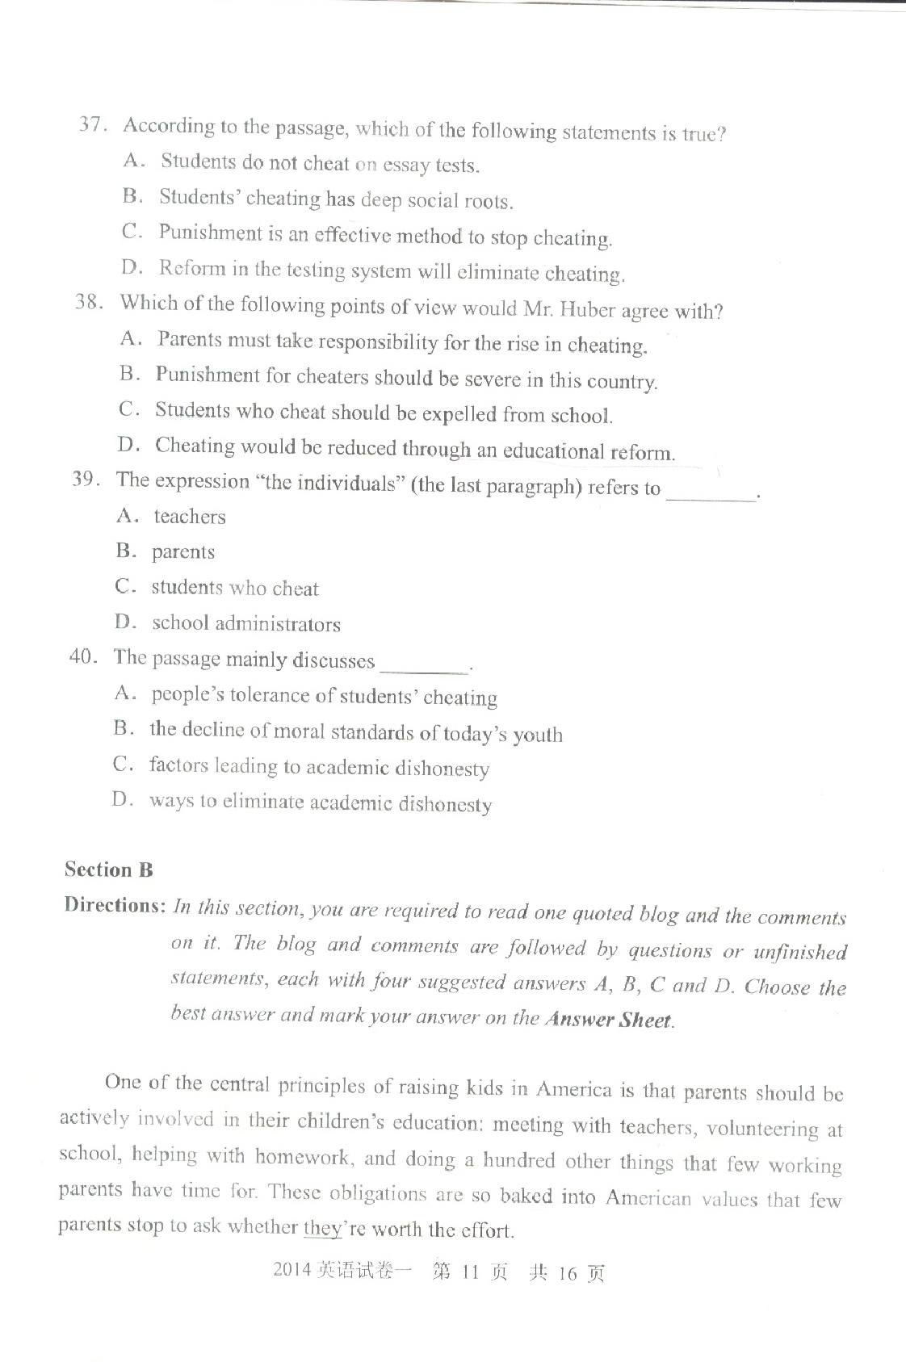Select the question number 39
click(x=85, y=479)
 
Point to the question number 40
click(x=82, y=656)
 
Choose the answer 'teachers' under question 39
click(x=190, y=517)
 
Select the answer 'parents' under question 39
click(x=183, y=552)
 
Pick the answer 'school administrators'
click(x=246, y=623)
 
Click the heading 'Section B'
click(x=108, y=870)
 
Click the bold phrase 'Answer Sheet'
click(x=608, y=1020)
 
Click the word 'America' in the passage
click(x=574, y=1090)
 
